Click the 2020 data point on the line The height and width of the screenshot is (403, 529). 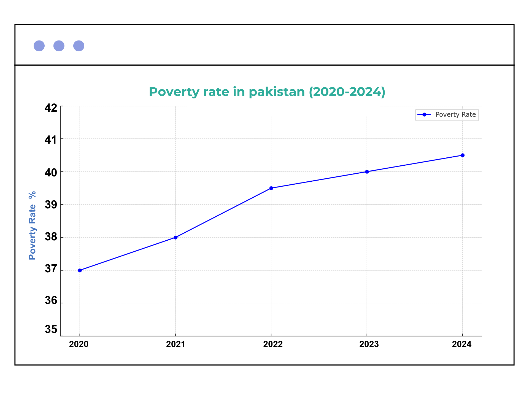click(x=80, y=270)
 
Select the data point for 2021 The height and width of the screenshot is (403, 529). click(x=176, y=237)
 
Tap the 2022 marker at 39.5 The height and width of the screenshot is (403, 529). click(x=271, y=188)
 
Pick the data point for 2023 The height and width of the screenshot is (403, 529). click(x=367, y=172)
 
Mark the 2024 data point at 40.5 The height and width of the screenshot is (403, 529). click(x=463, y=155)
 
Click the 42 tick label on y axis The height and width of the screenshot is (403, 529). click(x=51, y=108)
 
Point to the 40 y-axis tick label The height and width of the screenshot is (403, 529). click(x=51, y=173)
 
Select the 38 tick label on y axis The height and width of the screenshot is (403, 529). click(x=51, y=237)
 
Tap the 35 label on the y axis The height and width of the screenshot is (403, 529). click(x=51, y=329)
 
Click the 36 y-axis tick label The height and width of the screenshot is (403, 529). click(x=51, y=300)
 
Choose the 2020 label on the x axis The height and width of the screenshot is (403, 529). click(x=79, y=344)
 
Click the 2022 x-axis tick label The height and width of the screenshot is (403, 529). click(x=273, y=344)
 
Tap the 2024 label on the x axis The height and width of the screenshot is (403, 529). click(x=462, y=344)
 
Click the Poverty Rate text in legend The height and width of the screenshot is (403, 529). click(x=455, y=115)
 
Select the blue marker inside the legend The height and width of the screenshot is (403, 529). click(x=424, y=115)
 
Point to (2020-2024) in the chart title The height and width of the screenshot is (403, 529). click(x=347, y=92)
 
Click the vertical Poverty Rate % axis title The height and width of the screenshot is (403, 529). click(x=33, y=225)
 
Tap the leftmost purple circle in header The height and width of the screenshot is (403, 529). click(x=39, y=46)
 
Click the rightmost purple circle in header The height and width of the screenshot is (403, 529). click(x=79, y=46)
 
